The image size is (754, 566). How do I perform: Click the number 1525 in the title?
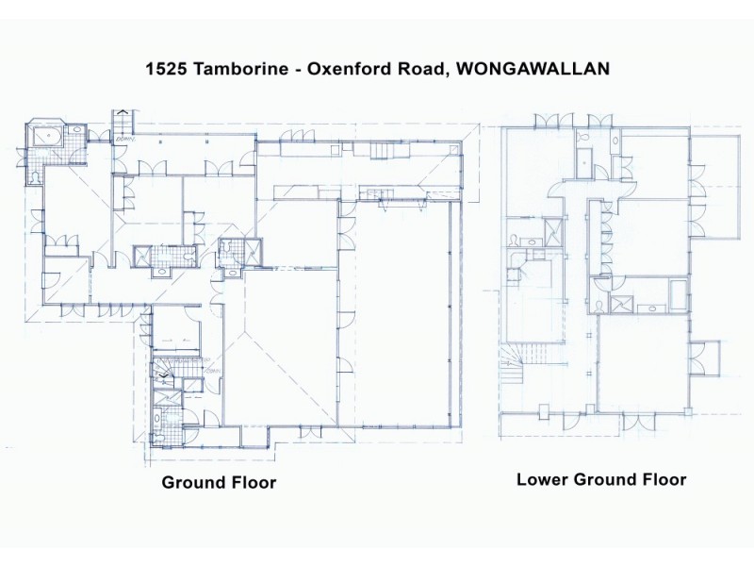coord(165,69)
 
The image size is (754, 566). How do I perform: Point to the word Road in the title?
coord(414,69)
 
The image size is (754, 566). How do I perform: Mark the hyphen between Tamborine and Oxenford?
coord(287,69)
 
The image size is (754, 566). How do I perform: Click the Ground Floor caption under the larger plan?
coord(219,482)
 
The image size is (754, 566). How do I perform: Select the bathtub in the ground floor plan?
coord(44,137)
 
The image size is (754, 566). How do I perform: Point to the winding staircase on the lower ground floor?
coord(517,363)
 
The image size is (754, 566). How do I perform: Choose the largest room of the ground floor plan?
coord(403,311)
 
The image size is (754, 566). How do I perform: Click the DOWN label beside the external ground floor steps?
coord(127,141)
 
